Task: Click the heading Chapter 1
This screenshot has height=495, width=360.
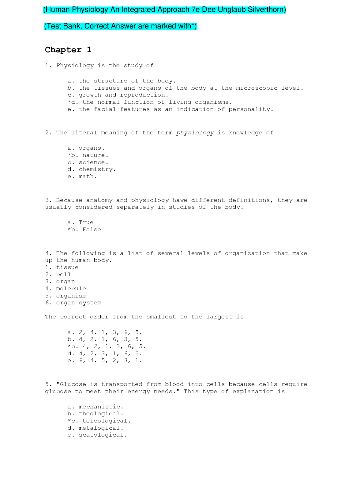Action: pos(68,50)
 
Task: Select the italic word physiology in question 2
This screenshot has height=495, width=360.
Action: pos(195,133)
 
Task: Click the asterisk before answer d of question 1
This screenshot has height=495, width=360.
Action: pos(69,102)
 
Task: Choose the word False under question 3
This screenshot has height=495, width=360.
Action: pos(92,230)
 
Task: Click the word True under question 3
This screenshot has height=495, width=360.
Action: pos(86,222)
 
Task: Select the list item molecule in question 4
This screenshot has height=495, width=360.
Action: pos(71,289)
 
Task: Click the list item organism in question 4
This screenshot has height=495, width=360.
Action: pos(71,296)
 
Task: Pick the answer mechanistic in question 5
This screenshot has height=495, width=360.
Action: pos(101,407)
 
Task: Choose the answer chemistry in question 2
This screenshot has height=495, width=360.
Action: pos(97,169)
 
